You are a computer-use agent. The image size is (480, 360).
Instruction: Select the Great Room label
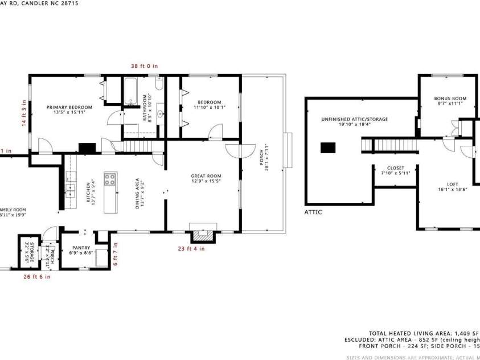pos(206,178)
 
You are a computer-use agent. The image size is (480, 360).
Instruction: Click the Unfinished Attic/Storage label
pos(354,121)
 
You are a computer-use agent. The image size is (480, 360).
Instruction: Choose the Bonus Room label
pos(450,101)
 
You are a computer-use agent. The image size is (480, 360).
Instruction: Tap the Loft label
pos(452,187)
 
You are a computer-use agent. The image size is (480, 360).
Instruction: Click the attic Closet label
pos(395,171)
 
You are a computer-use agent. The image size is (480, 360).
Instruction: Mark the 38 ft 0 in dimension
pos(145,66)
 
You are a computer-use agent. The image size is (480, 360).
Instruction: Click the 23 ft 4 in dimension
pos(191,248)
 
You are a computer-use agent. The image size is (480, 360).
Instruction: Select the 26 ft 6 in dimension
pos(37,277)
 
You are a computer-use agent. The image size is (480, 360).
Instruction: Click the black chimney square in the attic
pos(328,148)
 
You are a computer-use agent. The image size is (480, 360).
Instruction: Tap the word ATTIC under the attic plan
pos(313,212)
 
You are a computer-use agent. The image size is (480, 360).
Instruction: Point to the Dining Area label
pos(138,194)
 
